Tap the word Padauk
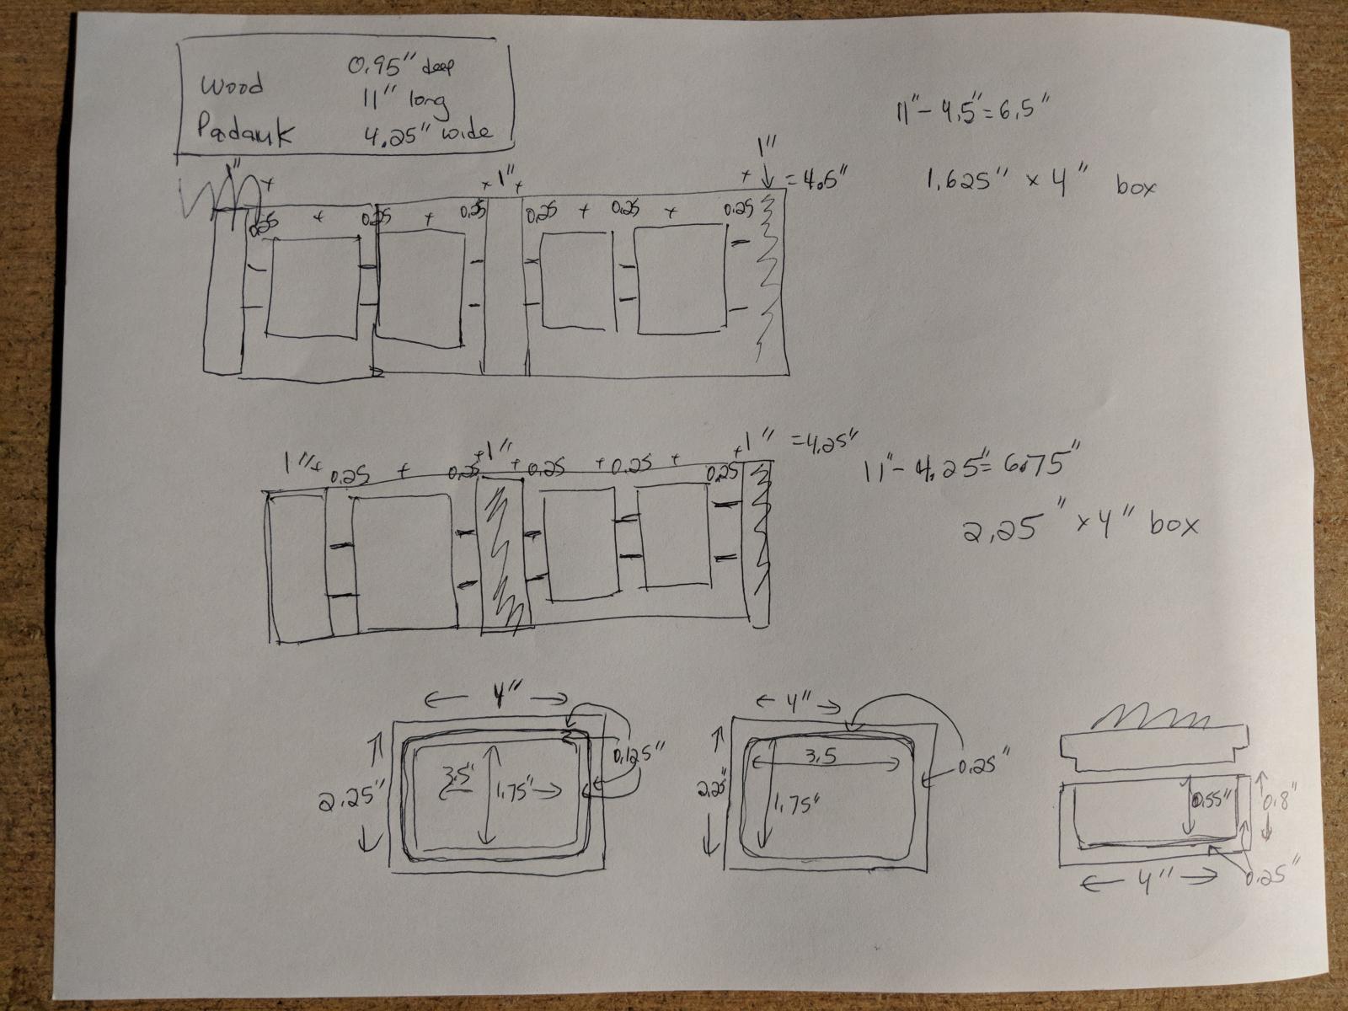coord(245,133)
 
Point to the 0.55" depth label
coord(1214,797)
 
